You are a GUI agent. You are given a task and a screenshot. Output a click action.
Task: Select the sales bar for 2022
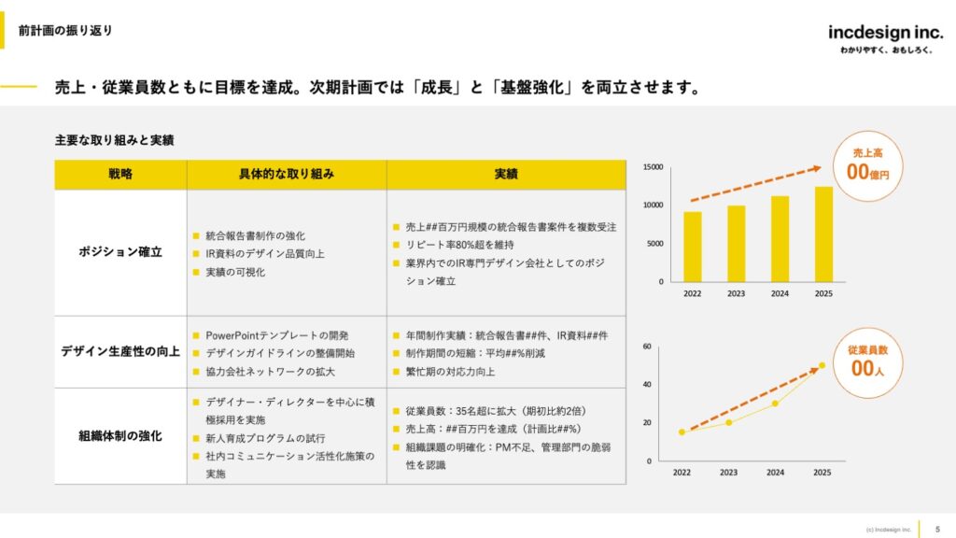pos(693,247)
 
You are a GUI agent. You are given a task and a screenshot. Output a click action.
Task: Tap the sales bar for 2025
pos(823,234)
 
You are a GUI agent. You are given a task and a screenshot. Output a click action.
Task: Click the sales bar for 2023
pos(737,243)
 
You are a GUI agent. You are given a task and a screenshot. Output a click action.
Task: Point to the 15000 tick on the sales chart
pos(653,167)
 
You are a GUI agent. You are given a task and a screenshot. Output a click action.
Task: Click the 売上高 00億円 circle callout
pos(867,166)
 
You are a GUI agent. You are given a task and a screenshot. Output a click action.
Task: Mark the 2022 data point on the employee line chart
pos(682,432)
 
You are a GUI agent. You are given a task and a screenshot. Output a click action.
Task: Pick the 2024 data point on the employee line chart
pos(775,403)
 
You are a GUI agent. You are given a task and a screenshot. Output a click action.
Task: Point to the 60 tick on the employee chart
pos(646,347)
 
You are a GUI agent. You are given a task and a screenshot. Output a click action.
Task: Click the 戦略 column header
pos(120,175)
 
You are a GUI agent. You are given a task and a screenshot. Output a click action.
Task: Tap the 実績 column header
pos(506,175)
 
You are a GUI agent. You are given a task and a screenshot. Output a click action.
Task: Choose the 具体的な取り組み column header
pos(287,175)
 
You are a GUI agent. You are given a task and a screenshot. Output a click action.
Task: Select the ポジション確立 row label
pos(120,252)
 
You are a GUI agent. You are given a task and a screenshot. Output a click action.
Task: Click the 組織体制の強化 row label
pos(120,435)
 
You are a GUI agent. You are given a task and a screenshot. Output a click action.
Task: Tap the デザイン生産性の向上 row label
pos(120,351)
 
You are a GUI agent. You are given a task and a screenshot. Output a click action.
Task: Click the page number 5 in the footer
pos(937,529)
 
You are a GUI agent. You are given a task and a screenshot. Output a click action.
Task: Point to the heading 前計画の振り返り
pos(65,30)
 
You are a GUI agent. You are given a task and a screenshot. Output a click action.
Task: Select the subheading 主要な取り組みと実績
pos(114,140)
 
